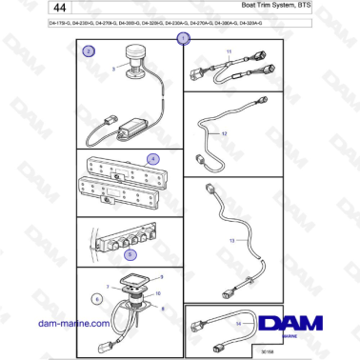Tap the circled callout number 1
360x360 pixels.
pyautogui.click(x=185, y=39)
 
